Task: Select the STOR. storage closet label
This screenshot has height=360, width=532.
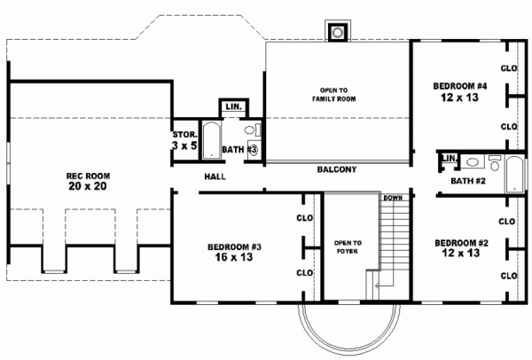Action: point(184,134)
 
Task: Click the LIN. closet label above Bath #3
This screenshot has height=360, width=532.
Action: point(233,107)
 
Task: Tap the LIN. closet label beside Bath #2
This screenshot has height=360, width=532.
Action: point(449,159)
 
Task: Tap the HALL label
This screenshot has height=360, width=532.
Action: point(215,176)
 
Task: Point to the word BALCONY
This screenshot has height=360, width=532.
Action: point(336,168)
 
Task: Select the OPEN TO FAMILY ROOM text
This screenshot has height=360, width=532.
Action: point(334,95)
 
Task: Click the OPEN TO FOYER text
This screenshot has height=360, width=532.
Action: point(346,247)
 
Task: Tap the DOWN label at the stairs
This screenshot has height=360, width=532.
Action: point(393,197)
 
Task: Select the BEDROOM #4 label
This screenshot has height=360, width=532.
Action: point(460,86)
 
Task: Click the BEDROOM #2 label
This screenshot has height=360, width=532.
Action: point(460,242)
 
